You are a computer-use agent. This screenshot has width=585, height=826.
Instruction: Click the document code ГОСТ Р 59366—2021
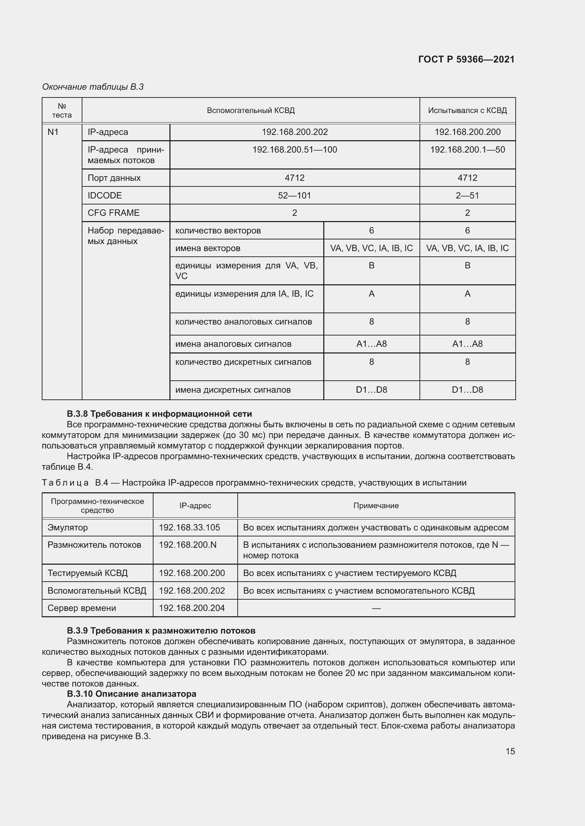[466, 59]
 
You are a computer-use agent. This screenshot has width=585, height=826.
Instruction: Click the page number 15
[510, 751]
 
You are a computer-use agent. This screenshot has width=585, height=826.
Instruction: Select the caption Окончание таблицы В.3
[93, 87]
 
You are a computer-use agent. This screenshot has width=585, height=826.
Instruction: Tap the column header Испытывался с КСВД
[467, 111]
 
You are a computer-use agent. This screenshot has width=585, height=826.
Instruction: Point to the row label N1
[53, 132]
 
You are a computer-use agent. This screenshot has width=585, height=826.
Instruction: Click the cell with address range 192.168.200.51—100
[294, 150]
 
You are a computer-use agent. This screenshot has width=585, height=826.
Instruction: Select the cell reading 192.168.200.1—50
[467, 150]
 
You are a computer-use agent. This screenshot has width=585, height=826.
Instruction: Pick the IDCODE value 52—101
[294, 195]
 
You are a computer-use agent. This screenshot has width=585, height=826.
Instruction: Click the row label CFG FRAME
[114, 213]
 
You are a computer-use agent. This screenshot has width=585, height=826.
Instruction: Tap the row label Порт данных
[114, 178]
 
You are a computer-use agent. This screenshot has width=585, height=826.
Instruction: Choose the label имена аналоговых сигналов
[233, 344]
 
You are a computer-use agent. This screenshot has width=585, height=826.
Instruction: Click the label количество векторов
[218, 230]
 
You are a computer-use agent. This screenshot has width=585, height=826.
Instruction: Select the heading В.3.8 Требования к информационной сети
[159, 414]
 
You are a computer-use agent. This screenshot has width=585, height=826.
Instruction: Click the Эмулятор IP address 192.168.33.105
[189, 527]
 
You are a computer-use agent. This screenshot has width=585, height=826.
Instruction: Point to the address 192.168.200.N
[188, 545]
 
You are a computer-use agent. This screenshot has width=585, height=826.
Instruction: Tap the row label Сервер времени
[82, 608]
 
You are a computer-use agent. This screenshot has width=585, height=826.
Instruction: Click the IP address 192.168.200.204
[192, 608]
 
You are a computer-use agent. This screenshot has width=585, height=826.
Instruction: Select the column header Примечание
[376, 505]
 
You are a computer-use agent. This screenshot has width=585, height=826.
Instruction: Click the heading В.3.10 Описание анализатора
[132, 694]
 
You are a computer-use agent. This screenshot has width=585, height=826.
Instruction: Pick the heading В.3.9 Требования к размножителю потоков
[161, 631]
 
